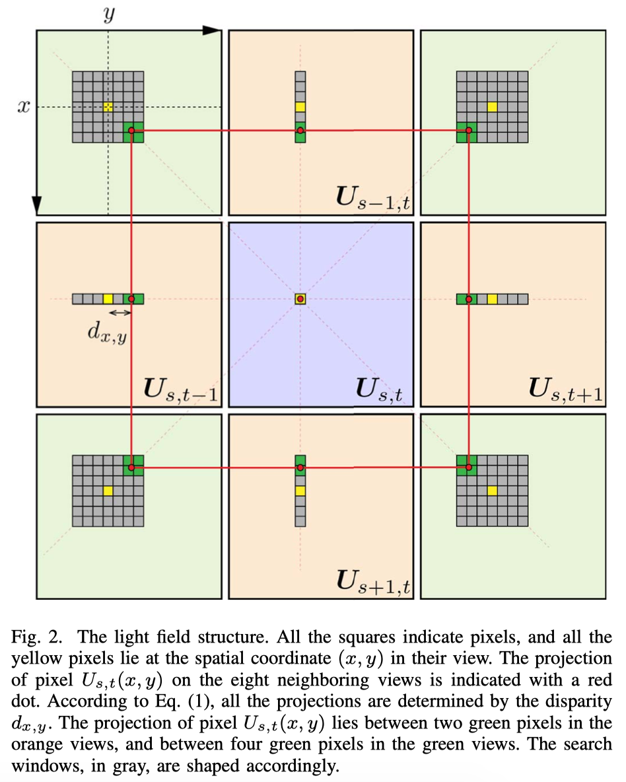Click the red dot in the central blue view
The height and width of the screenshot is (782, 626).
pos(300,299)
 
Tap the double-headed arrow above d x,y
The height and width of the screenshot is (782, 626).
pos(120,312)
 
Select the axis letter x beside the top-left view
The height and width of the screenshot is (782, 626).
pos(24,106)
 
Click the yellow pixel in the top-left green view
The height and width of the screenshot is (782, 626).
pos(108,106)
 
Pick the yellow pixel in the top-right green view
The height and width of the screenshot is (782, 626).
pos(492,106)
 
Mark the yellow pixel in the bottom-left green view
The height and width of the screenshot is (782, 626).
pos(108,491)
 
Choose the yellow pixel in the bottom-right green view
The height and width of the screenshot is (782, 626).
pos(492,491)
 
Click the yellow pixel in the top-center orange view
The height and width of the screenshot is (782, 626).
pos(300,106)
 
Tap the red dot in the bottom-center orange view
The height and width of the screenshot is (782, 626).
pos(300,467)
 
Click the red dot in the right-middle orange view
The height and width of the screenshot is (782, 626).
pos(468,299)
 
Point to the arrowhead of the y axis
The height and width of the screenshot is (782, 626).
pos(211,30)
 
